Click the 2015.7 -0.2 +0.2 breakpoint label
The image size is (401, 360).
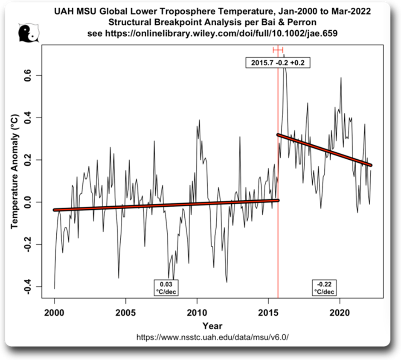[278, 63]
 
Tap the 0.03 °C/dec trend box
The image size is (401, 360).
[166, 287]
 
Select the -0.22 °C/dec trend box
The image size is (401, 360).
[324, 287]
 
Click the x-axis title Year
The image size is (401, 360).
[212, 326]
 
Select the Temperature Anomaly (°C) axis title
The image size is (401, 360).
[15, 171]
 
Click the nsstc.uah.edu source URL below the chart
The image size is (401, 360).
[212, 337]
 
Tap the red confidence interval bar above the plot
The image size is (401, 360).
[278, 50]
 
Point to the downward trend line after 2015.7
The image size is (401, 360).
[324, 149]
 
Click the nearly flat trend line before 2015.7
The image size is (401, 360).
[166, 205]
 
